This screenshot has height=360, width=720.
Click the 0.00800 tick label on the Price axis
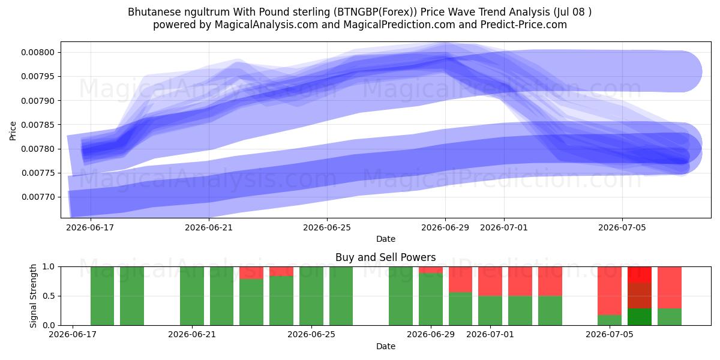38,52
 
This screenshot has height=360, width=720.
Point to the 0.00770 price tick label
38,197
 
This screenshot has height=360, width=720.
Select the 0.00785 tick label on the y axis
38,125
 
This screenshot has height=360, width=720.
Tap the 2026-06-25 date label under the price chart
327,227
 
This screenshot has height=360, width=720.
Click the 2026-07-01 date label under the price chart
503,227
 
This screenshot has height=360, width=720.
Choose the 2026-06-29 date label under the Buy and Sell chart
431,334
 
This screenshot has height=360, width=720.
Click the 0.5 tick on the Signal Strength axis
49,296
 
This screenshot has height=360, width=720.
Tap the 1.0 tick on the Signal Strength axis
49,266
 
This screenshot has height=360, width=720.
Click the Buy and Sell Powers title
385,257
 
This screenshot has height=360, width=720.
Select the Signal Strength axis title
33,296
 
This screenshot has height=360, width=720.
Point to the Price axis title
13,131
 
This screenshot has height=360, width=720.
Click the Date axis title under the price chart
386,239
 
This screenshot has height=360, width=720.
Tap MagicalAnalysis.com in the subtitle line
266,25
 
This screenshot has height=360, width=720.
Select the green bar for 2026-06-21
192,296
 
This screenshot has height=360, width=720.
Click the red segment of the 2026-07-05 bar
610,291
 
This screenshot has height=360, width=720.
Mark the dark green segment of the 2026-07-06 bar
640,317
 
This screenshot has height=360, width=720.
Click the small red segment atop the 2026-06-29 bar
431,269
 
